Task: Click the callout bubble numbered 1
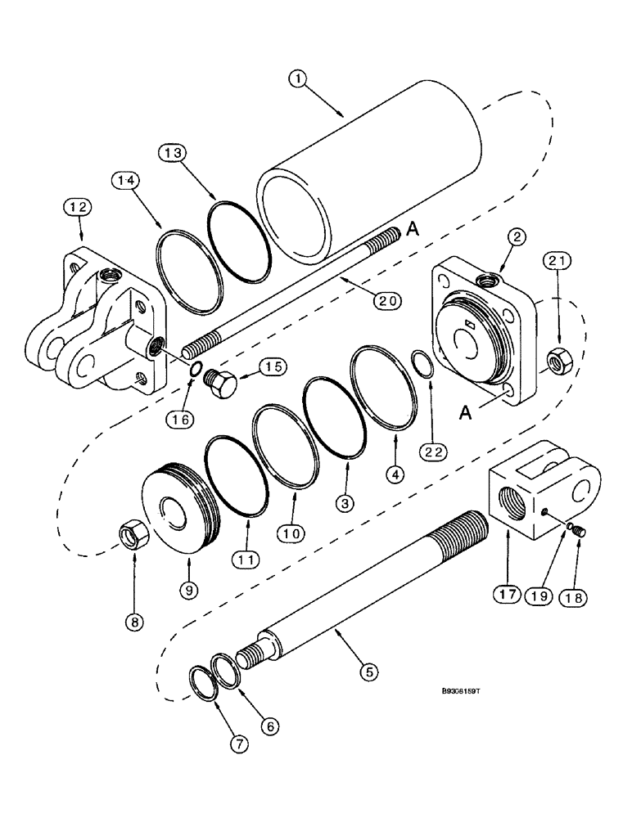(299, 79)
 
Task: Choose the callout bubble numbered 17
(505, 594)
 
